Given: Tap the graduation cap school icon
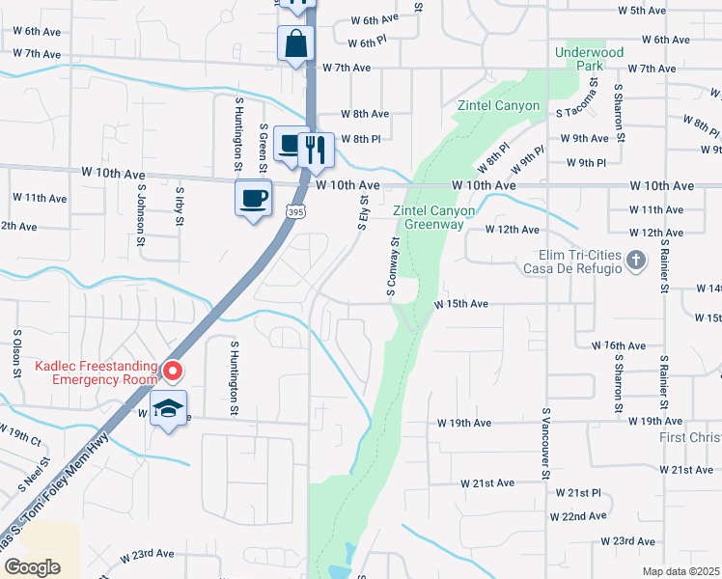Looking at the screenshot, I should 169,408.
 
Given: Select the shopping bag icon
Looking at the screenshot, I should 295,42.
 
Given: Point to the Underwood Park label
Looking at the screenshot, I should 589,59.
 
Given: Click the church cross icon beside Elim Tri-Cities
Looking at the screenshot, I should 635,259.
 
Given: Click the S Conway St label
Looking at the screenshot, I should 395,267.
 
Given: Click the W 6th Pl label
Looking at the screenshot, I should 367,43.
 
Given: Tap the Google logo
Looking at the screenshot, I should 32,567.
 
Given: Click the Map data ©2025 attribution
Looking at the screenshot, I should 680,571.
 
